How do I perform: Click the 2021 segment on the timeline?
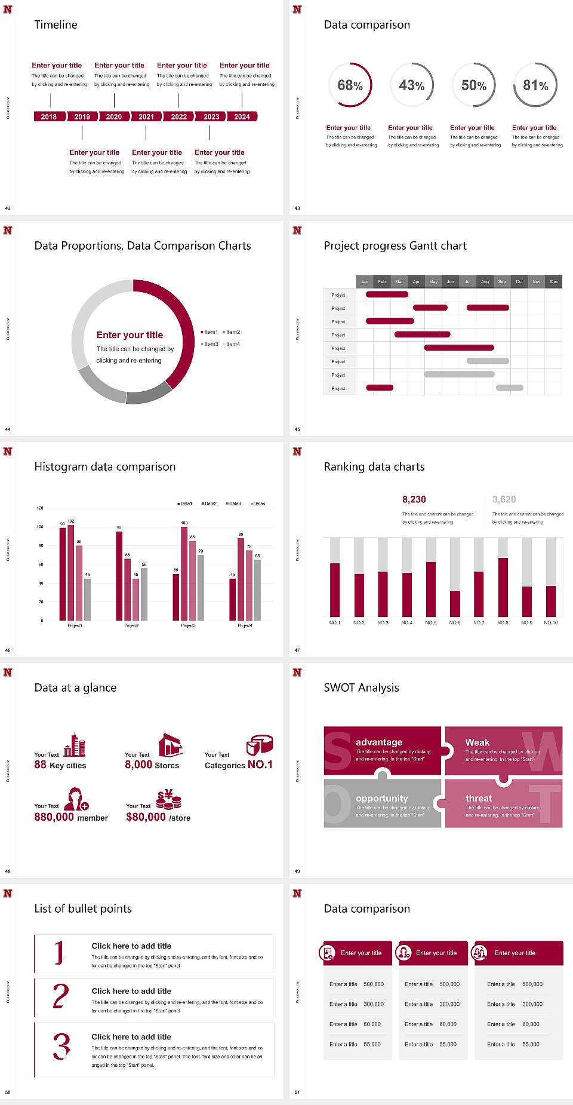146,116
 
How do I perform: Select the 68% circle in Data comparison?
350,85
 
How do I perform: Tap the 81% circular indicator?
535,85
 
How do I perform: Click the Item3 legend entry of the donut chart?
210,344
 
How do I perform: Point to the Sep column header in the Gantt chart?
502,281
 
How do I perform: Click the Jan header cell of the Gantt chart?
365,281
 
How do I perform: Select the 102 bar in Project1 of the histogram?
71,570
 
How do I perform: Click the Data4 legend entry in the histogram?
258,504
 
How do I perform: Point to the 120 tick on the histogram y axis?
40,508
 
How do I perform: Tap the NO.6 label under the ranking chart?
455,622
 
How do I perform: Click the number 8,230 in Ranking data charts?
414,499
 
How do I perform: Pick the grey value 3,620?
504,499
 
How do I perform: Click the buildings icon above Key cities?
75,745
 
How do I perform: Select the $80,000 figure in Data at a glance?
146,817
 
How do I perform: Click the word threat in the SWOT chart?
479,798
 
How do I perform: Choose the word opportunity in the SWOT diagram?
382,798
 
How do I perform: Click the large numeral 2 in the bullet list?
61,996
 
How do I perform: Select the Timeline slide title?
56,24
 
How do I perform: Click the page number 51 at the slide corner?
297,1092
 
